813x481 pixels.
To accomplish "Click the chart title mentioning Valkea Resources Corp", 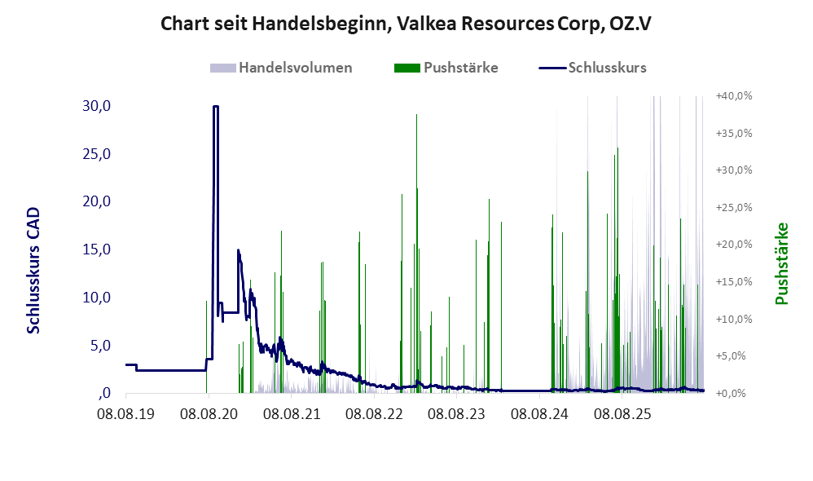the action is click(406, 24).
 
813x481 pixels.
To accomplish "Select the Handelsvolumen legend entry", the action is click(281, 68).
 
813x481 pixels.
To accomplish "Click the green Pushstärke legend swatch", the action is click(407, 68).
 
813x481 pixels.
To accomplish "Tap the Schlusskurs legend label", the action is click(607, 68).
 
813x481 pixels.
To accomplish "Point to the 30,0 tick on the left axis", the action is click(96, 106).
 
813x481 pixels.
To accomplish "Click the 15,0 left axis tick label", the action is click(96, 249).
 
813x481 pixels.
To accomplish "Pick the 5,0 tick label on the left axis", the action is click(100, 346).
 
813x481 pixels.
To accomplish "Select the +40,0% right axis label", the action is click(734, 96).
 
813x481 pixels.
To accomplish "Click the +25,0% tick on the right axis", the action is click(734, 208).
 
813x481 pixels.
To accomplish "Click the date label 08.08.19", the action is click(126, 414).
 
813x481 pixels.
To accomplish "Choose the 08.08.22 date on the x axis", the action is click(374, 414).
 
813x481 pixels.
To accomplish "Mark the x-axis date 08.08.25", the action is click(622, 414).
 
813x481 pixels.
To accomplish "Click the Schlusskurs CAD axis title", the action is click(33, 271).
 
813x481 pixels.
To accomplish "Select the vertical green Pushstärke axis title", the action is click(781, 263).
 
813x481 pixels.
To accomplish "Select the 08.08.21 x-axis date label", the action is click(292, 414).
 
